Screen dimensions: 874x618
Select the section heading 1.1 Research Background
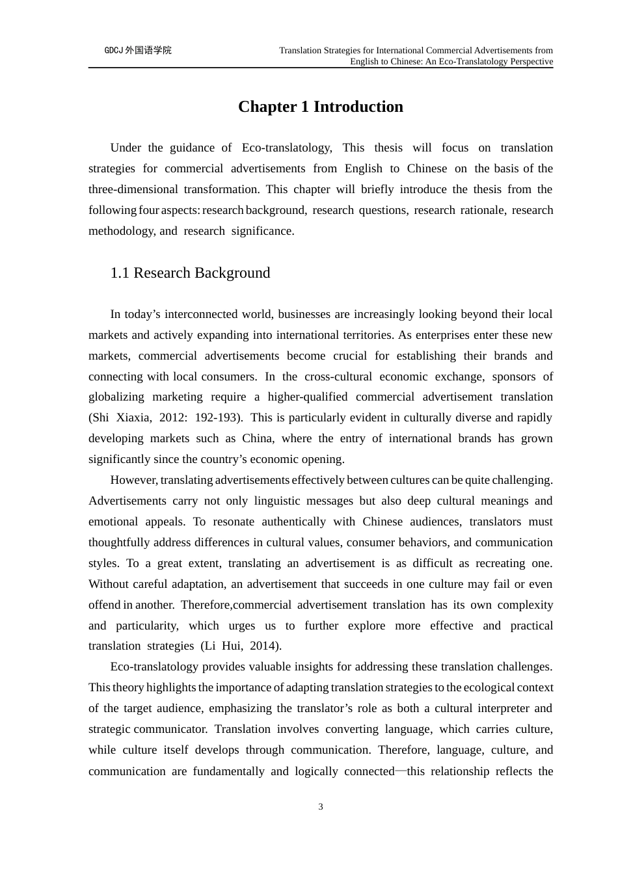click(x=190, y=273)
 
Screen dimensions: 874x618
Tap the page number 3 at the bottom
click(x=321, y=807)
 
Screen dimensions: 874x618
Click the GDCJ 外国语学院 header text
click(x=138, y=51)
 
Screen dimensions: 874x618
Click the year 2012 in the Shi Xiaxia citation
click(x=172, y=417)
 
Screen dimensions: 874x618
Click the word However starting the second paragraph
click(x=133, y=480)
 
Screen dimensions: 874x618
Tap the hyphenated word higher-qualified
click(x=307, y=397)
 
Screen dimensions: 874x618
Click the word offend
click(x=104, y=605)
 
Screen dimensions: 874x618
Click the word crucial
click(x=350, y=356)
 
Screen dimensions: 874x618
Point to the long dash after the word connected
click(x=401, y=771)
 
